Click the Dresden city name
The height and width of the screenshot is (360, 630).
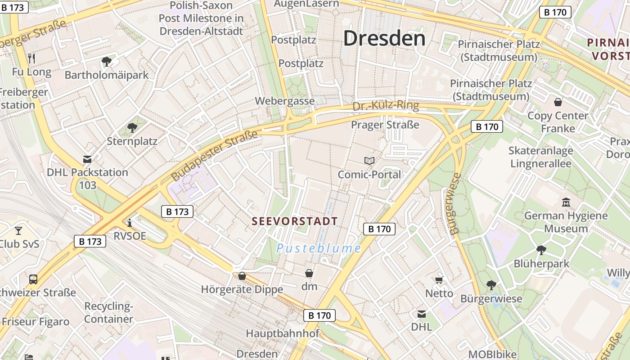[384, 39]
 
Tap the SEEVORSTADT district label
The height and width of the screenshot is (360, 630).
[295, 221]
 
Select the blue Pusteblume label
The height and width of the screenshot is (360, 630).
[319, 248]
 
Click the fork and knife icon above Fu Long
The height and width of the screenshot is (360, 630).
[31, 58]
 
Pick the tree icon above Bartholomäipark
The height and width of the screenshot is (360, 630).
[107, 61]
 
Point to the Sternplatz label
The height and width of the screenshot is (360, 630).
[132, 141]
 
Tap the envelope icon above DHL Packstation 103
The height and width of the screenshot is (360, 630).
[87, 159]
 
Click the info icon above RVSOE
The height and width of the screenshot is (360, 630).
[130, 223]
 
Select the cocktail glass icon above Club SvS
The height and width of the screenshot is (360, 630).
[18, 231]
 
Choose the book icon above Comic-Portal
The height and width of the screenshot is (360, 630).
[369, 161]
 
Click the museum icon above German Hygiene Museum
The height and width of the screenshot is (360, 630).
[566, 202]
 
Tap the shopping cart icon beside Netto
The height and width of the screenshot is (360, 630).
[439, 280]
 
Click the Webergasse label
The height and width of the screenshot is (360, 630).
[285, 101]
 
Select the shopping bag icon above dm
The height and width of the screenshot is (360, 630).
[309, 273]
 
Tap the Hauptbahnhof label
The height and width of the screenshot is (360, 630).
[282, 333]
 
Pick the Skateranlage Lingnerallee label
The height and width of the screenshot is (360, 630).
[541, 157]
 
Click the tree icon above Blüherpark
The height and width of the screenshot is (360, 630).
[541, 250]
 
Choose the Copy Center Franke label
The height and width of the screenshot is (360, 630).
[558, 122]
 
